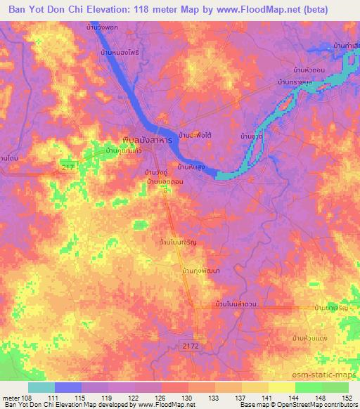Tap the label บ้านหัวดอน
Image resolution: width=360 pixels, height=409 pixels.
(308, 71)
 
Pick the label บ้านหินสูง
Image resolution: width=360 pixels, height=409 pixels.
(191, 167)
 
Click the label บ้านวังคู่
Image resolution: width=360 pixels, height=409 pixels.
(157, 172)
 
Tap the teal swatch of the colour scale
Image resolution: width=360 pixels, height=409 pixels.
(41, 387)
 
